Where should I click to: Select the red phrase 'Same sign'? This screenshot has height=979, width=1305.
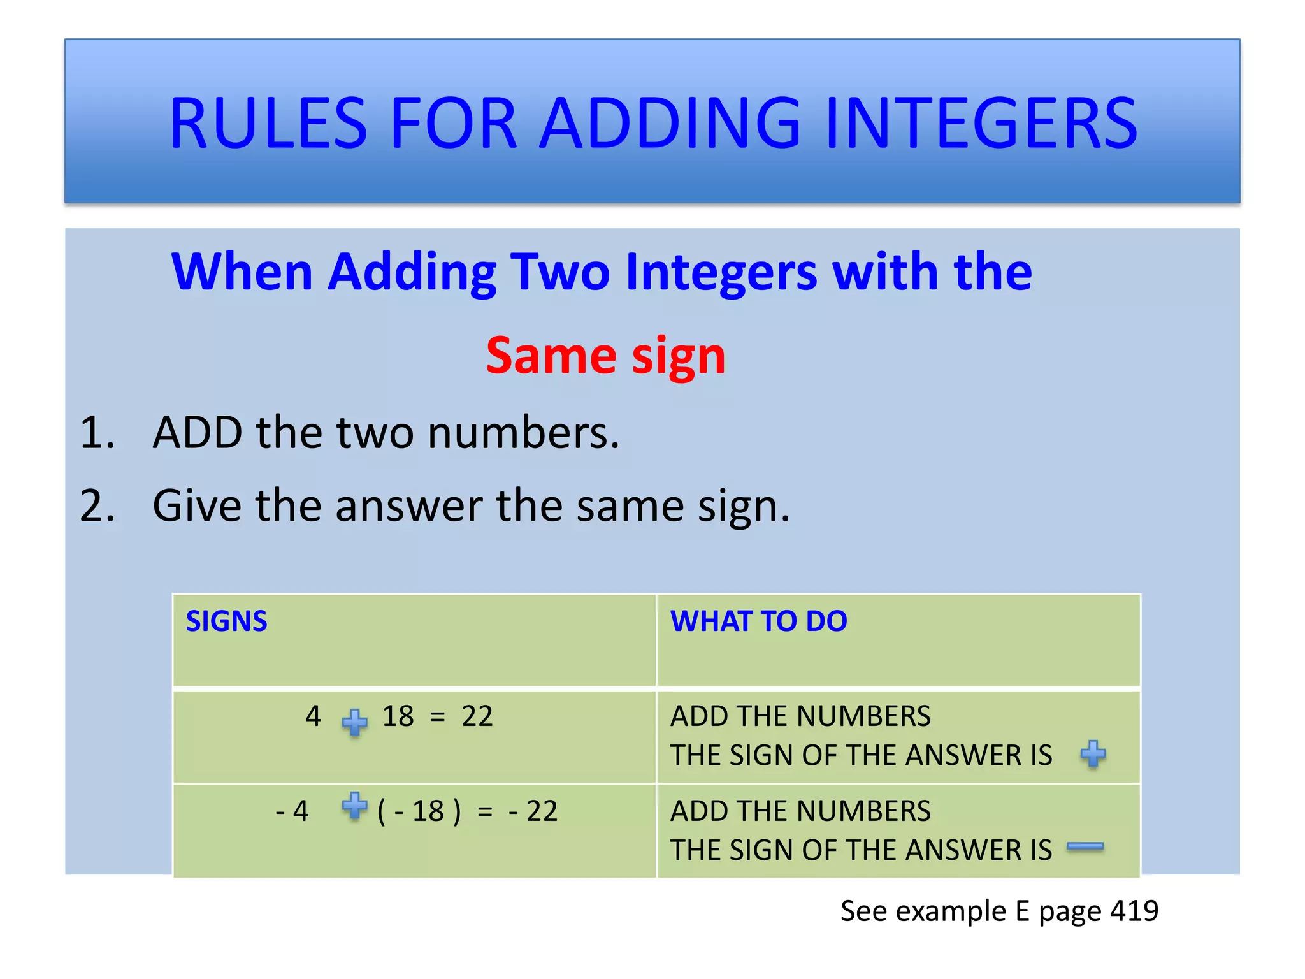point(605,355)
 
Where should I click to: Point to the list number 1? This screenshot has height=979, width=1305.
point(97,433)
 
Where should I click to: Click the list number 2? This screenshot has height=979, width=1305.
point(97,506)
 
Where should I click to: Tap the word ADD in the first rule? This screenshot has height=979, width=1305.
point(198,433)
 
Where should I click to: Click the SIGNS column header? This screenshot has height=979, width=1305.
point(226,621)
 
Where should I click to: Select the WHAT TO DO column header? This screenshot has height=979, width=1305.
point(758,621)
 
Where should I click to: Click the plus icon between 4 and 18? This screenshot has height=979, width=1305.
point(354,722)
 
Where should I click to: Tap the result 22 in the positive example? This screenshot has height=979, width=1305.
point(477,716)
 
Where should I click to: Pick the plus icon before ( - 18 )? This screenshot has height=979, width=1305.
point(354,806)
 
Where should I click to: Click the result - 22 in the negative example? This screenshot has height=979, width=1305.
point(533,811)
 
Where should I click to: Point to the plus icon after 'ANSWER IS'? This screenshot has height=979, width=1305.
point(1093,754)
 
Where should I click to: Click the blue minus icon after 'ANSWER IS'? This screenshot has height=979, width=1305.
point(1085,846)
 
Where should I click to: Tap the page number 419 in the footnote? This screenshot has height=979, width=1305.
point(1134,911)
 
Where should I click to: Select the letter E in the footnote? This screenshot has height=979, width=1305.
point(1022,911)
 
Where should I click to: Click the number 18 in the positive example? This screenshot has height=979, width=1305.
point(398,716)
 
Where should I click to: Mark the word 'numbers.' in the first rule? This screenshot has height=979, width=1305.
point(523,433)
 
